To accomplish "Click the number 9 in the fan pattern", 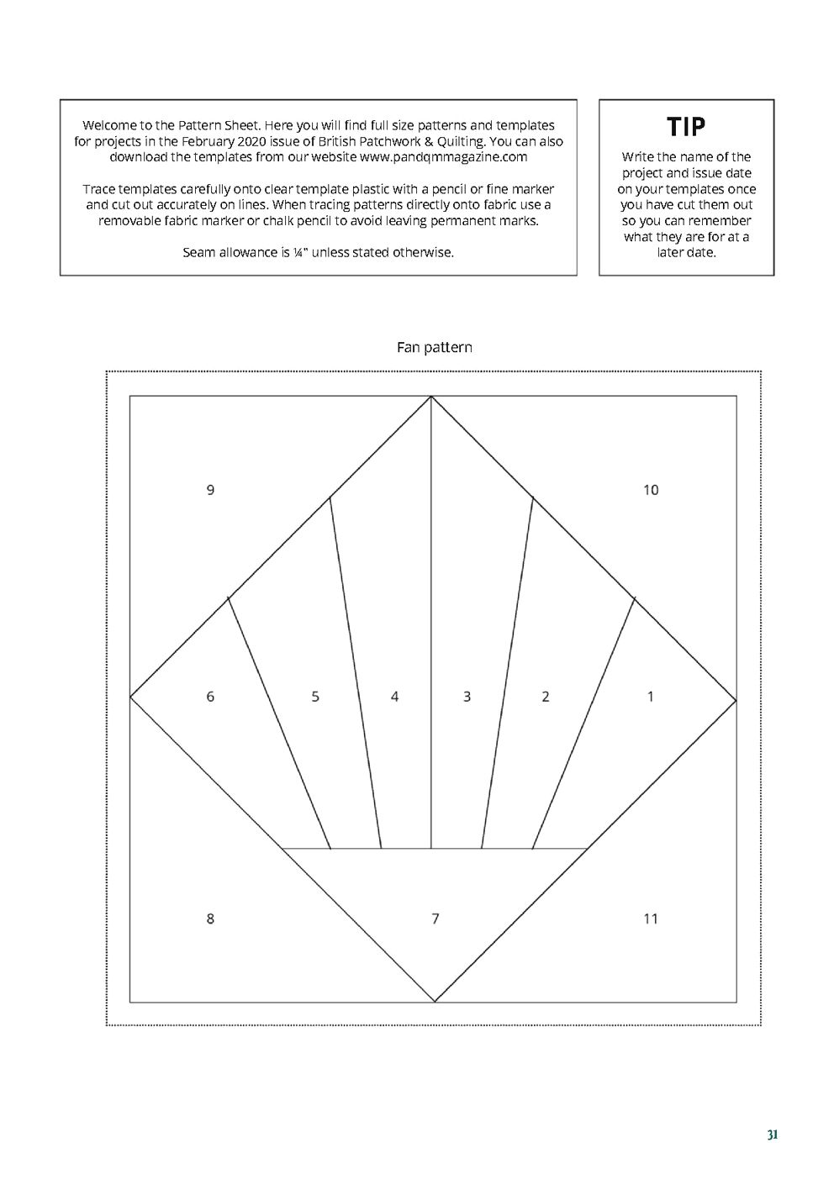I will (210, 490).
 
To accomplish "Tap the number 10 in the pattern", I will (651, 490).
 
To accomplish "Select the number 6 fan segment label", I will (210, 697).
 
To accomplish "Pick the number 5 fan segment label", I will (315, 697).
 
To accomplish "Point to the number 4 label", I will (394, 697).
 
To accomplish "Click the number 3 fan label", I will (467, 697).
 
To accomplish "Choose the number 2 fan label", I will (546, 697).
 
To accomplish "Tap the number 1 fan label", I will (651, 697).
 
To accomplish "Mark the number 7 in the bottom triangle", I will (435, 918).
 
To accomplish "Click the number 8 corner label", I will (210, 918).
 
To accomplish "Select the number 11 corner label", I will (651, 918).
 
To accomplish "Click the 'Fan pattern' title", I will (434, 347).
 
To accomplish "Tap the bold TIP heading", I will (686, 128).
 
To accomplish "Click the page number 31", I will (772, 1135).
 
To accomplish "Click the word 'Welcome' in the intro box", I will (110, 125).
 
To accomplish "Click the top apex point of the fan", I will (431, 397).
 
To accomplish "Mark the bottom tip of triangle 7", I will (435, 1002).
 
